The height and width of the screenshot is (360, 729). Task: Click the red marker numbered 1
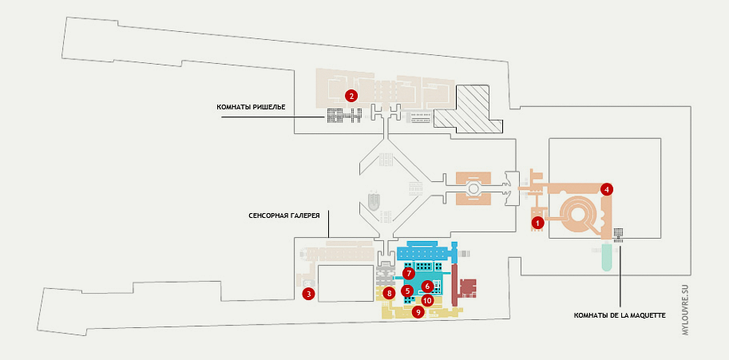coord(538,223)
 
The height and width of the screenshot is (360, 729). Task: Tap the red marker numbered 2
coord(351,95)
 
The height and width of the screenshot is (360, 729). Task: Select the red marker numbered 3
coord(308,294)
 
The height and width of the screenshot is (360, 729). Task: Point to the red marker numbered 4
coord(608,189)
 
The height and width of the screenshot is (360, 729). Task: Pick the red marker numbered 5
coord(407,291)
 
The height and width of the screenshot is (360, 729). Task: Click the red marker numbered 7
coord(408,273)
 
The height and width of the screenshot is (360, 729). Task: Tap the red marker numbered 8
coord(389,294)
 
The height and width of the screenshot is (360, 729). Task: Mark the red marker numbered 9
coord(417,313)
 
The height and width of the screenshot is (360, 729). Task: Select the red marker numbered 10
coord(427,301)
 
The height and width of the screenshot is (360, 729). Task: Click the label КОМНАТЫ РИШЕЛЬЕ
coord(251,107)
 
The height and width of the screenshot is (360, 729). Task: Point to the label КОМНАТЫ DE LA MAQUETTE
coord(620,315)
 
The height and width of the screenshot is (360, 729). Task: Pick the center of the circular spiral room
coord(576,213)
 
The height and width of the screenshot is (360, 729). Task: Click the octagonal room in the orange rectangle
coord(473,189)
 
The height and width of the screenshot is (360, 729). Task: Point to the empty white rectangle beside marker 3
coord(345,283)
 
